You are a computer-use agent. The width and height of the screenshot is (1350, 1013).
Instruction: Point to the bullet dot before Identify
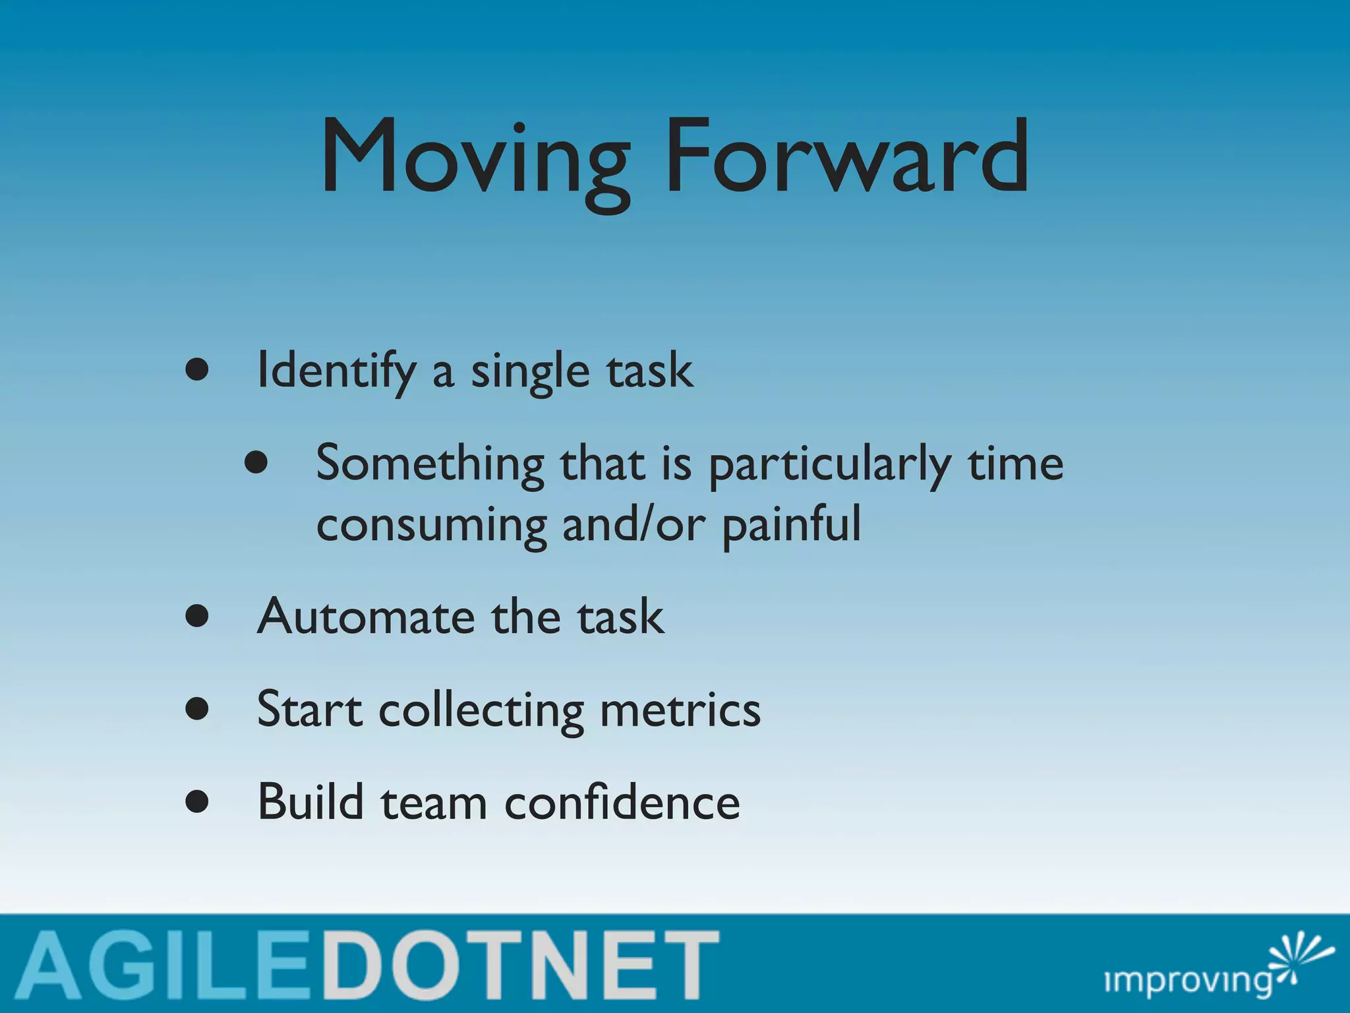197,370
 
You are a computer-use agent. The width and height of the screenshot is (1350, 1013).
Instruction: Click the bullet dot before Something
256,463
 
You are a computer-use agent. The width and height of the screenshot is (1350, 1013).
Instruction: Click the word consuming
431,525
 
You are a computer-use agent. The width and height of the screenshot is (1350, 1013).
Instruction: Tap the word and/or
633,525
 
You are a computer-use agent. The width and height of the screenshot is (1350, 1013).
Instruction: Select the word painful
792,525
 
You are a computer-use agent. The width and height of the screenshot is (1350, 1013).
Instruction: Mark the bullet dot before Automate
197,617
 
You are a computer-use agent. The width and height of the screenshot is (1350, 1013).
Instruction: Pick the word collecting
481,711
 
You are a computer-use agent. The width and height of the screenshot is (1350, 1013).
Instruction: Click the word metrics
680,710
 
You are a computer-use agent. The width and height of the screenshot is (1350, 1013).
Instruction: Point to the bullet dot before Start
197,710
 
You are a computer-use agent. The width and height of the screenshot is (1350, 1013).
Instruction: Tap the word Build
310,802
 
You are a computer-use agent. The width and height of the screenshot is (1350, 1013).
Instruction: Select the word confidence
622,802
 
